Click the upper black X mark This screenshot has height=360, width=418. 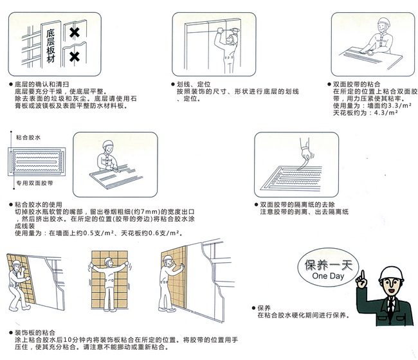click(75, 32)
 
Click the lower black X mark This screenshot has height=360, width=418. click(75, 57)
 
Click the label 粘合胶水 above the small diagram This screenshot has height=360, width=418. click(29, 138)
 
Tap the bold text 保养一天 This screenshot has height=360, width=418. click(329, 264)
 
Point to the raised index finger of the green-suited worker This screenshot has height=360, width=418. click(363, 274)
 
